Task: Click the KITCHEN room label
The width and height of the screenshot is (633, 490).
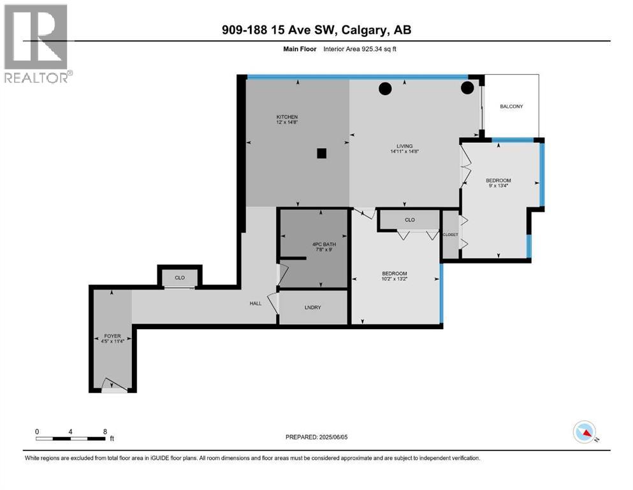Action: pos(287,117)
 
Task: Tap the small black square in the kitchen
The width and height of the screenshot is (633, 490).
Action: pos(322,153)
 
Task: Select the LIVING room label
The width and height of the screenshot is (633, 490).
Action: pos(404,145)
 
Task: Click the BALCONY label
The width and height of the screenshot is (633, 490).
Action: pos(511,107)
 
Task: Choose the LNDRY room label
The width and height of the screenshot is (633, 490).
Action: pos(313,308)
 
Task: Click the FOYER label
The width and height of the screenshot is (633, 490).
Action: pos(112,336)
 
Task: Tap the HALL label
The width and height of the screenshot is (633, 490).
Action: pos(256,304)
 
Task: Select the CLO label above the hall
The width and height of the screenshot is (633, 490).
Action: pos(180,278)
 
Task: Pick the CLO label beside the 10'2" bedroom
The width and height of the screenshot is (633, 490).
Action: pos(409,220)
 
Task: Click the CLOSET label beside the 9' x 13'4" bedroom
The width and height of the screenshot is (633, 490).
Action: pos(450,235)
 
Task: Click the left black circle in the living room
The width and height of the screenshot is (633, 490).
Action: pos(384,89)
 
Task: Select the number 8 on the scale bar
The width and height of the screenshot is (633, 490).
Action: pos(105,431)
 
